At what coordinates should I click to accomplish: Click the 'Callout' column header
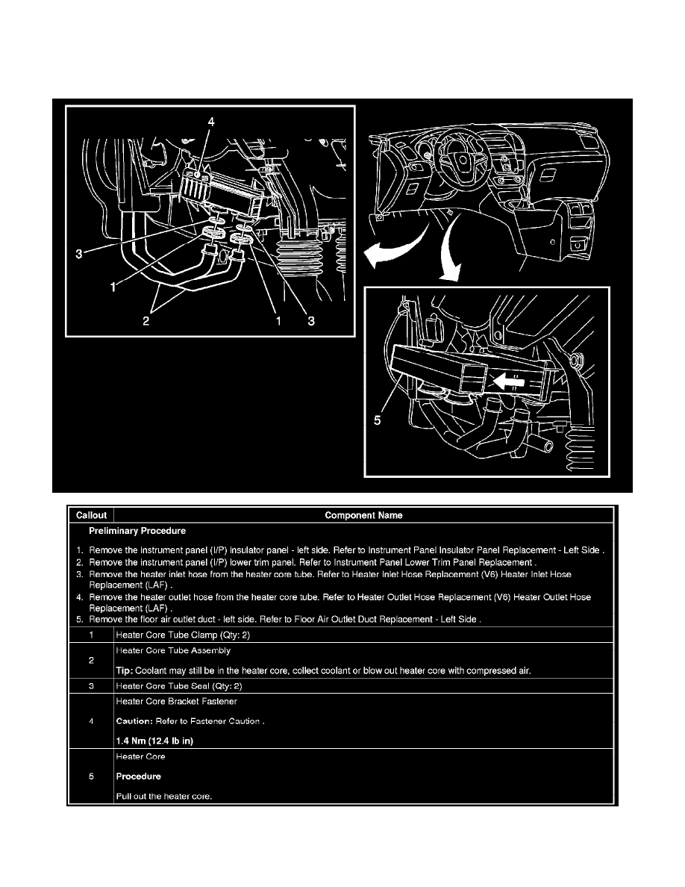coord(90,515)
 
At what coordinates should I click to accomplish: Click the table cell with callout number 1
coord(90,635)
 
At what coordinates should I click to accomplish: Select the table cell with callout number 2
coord(90,661)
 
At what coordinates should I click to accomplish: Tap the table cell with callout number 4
coord(90,721)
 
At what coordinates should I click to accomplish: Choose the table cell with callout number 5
coord(90,776)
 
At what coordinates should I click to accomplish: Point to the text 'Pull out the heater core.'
coord(164,796)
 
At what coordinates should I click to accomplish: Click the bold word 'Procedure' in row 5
coord(139,776)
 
